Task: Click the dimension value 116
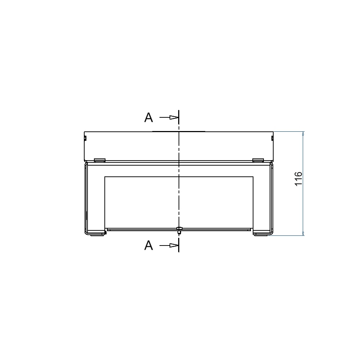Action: pos(298,179)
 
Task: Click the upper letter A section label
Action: pos(149,118)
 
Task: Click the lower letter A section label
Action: pos(149,246)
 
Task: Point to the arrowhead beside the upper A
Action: pos(174,117)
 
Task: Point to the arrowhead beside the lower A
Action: pos(174,246)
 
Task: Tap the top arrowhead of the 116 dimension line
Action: pos(303,134)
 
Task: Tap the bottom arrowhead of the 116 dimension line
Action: pos(303,234)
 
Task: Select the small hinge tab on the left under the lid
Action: pos(100,160)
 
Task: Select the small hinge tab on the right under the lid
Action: pos(258,160)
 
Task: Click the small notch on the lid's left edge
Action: pos(85,138)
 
